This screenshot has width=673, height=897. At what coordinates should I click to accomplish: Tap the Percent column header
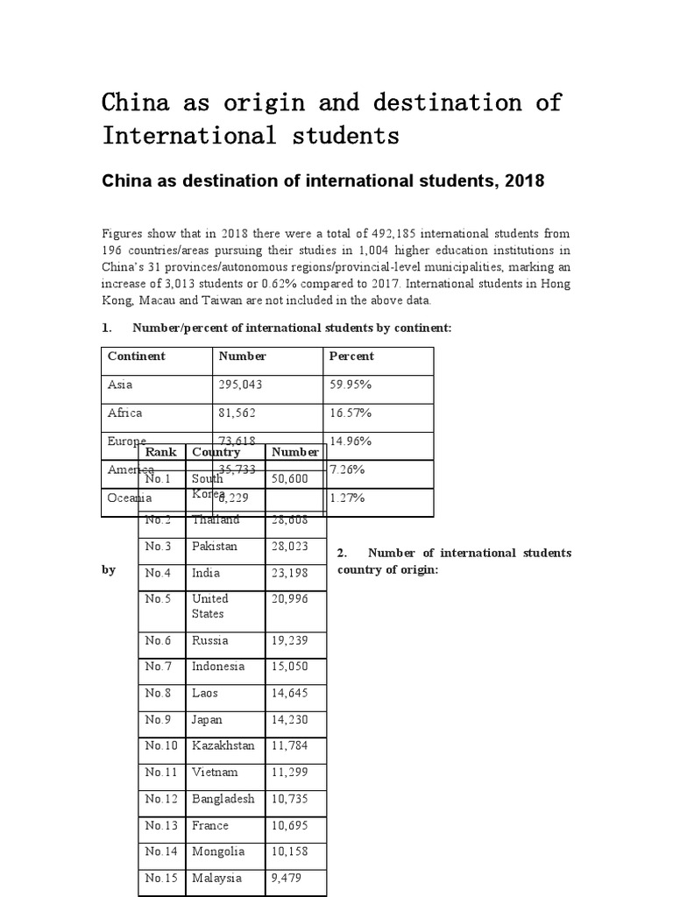(351, 357)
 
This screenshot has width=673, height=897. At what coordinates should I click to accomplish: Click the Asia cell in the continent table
(119, 385)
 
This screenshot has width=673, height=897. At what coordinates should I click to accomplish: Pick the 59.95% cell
(351, 385)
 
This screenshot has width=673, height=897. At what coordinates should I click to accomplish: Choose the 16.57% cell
(351, 413)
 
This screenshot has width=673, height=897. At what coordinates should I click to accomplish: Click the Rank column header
(160, 452)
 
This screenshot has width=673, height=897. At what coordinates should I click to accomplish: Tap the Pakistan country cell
(214, 546)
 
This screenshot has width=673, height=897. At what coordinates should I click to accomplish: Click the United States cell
(210, 606)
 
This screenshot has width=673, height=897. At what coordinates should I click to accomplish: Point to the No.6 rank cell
(159, 639)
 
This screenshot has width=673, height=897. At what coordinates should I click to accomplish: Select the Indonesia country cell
(218, 667)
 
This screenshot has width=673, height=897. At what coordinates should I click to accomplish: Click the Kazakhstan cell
(223, 745)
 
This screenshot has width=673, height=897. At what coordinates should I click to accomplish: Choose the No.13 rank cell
(162, 825)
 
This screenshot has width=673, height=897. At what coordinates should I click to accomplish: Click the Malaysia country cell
(216, 878)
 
